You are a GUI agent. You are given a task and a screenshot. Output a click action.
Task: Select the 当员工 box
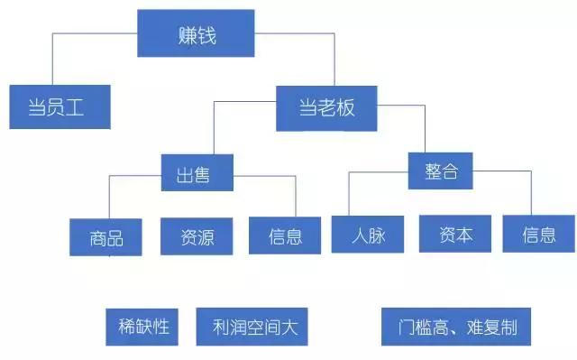click(59, 107)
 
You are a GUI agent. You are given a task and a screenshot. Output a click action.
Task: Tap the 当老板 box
click(326, 107)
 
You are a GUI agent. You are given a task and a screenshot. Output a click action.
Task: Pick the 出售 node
click(197, 171)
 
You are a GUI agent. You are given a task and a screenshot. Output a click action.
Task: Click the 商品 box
click(106, 236)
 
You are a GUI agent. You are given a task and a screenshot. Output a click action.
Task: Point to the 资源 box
click(197, 235)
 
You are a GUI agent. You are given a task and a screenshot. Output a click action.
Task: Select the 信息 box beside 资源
click(285, 235)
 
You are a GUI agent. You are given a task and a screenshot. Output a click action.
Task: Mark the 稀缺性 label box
click(143, 327)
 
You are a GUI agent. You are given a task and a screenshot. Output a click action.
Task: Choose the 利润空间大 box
click(252, 327)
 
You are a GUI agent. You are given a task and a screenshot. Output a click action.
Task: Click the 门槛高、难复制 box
click(456, 326)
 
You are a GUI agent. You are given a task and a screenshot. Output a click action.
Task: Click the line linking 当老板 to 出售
click(214, 126)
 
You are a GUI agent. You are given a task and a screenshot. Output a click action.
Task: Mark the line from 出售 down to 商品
click(109, 194)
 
